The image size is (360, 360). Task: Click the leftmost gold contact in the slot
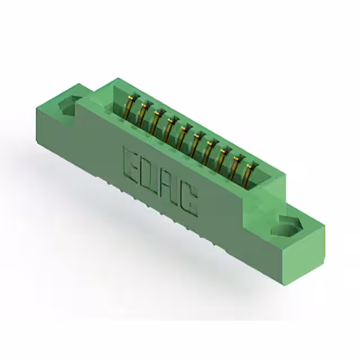(x=131, y=107)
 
